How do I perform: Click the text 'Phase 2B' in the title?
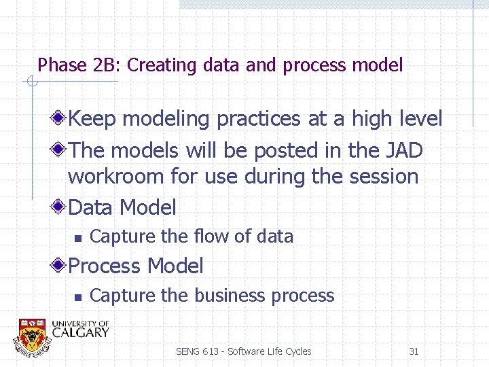click(x=79, y=65)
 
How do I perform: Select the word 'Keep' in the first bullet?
click(x=92, y=119)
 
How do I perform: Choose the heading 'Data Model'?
click(x=122, y=207)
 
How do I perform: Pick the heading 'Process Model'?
click(x=136, y=266)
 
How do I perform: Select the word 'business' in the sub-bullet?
click(x=230, y=296)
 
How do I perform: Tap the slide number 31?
click(x=414, y=351)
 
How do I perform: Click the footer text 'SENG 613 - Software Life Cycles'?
click(x=243, y=351)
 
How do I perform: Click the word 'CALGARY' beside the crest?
click(x=80, y=332)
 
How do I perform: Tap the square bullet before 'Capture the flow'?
click(x=77, y=238)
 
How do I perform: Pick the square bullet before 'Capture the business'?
click(x=77, y=297)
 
